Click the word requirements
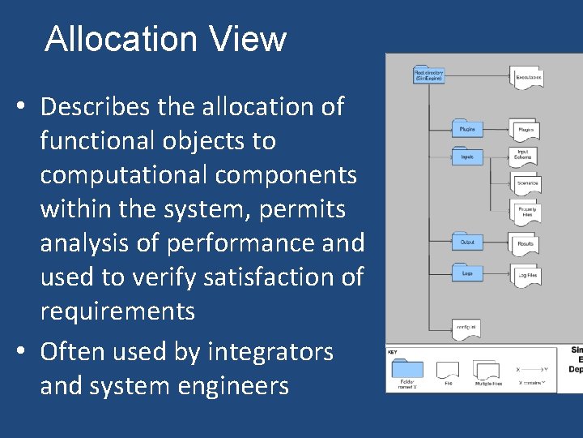pos(117,311)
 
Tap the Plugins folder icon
pos(467,128)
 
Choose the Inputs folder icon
pos(467,156)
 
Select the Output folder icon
pos(467,241)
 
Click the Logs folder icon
pos(467,273)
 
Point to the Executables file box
pos(527,77)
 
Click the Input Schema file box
pos(525,155)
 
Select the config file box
pos(466,328)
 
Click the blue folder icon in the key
pos(406,369)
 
